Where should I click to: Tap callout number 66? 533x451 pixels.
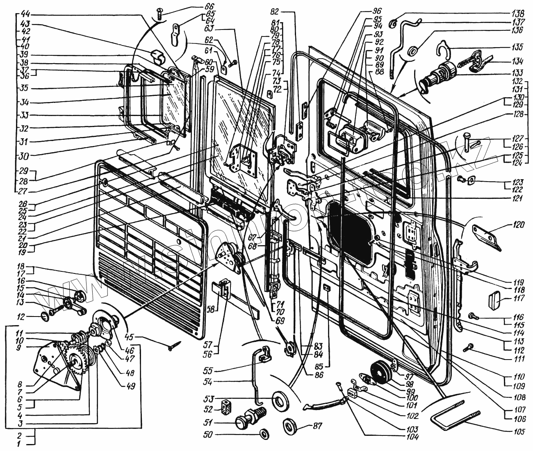(209, 7)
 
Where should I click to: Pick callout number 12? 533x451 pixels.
(20, 317)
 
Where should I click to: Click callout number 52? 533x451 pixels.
(209, 409)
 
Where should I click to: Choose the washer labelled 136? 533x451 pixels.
(413, 51)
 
